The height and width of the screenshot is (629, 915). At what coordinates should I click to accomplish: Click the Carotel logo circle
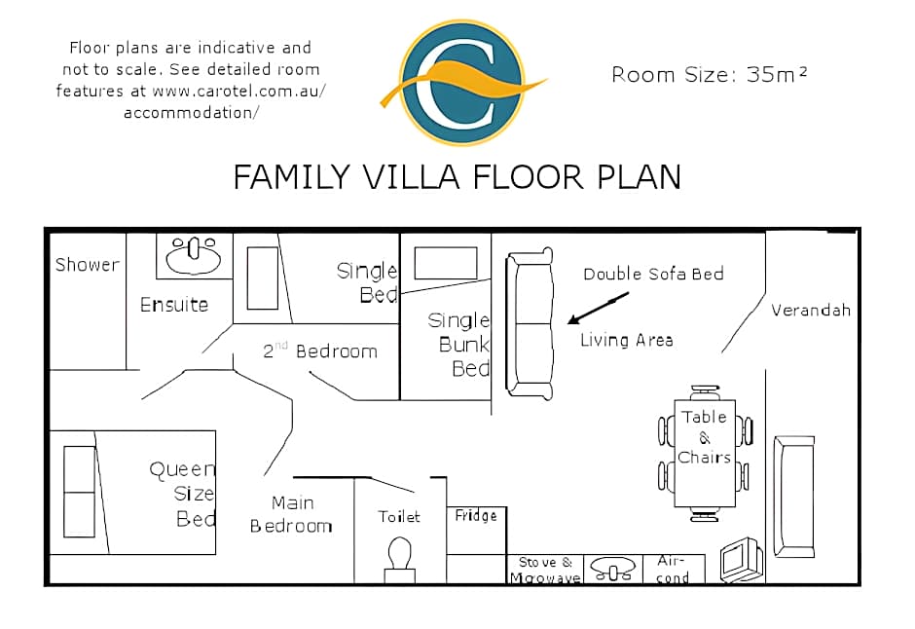click(462, 82)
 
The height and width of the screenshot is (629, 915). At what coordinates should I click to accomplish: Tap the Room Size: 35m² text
click(709, 74)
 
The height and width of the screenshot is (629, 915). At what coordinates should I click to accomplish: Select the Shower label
click(87, 264)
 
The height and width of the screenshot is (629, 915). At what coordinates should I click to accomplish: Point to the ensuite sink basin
click(193, 255)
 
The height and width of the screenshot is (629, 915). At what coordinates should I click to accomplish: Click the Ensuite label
click(174, 304)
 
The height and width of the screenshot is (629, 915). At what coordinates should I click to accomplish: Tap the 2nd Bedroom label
click(320, 351)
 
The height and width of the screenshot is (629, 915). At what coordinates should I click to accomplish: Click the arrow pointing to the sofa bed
click(598, 308)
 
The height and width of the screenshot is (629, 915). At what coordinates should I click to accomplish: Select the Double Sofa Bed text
click(653, 274)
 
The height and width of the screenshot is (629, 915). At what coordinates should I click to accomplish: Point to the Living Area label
click(627, 340)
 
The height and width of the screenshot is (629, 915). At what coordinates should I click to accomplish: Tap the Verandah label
click(811, 310)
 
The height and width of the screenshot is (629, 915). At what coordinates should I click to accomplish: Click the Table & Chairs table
click(705, 454)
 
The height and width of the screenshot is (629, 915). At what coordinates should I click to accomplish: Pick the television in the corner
click(741, 559)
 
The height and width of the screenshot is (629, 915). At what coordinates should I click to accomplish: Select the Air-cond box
click(674, 569)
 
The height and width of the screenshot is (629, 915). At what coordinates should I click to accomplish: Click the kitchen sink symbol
click(612, 569)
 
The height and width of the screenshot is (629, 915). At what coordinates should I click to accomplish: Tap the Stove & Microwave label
click(545, 570)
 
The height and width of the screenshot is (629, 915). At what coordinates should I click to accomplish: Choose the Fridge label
click(476, 516)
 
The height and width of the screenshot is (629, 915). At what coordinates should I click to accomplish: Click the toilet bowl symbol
click(400, 559)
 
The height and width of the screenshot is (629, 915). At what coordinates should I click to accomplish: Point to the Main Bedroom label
click(291, 514)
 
